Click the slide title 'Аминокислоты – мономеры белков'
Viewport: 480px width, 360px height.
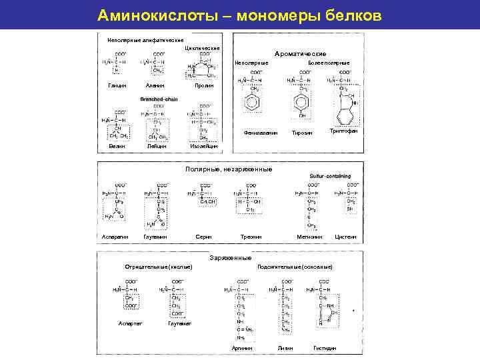[239, 15]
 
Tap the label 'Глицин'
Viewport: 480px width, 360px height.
[117, 85]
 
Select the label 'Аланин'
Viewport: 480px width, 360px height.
[155, 85]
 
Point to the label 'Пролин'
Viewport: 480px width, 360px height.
[203, 85]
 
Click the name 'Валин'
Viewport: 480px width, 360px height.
[117, 147]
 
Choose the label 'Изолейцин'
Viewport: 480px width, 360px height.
[203, 147]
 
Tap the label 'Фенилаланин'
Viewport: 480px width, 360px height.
[261, 133]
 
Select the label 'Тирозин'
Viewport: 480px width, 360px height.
[302, 133]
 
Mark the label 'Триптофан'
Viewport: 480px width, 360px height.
[344, 131]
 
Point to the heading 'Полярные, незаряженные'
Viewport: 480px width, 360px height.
[229, 169]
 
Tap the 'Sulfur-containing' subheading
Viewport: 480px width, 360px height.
[330, 176]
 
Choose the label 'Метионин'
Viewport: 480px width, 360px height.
[309, 237]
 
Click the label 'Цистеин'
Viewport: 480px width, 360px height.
[346, 237]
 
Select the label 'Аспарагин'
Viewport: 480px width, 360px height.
[115, 237]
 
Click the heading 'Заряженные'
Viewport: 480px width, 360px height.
[230, 258]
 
